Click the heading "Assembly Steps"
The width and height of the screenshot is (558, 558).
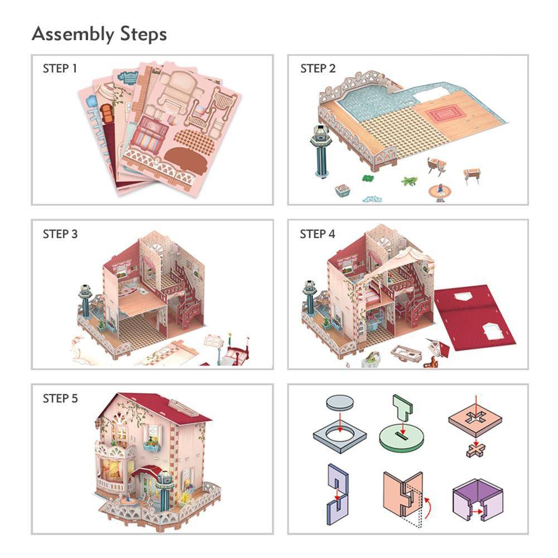[99, 34]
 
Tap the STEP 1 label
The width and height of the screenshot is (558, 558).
[60, 69]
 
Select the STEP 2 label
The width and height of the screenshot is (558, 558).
[318, 69]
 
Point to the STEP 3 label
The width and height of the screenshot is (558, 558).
[60, 234]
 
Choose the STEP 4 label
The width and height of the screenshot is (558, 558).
[318, 234]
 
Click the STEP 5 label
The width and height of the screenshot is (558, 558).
[60, 398]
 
